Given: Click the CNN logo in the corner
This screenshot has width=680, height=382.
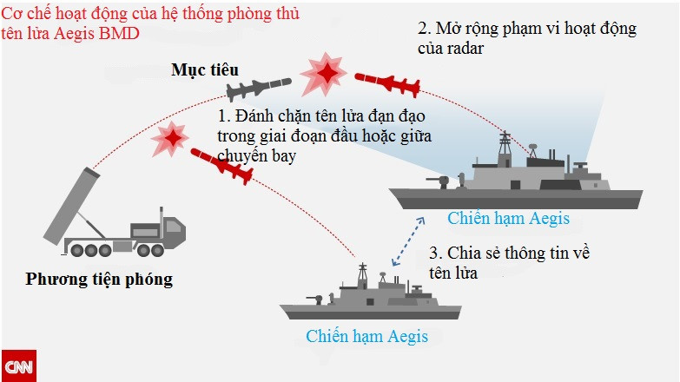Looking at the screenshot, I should [17, 366].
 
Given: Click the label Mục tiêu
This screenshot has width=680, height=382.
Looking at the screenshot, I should [205, 69].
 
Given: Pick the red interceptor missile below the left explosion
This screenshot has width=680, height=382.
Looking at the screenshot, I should [222, 165].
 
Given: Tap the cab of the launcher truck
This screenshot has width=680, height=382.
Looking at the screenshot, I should [169, 231].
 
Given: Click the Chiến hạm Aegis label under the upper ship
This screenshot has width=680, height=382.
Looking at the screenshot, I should [508, 218].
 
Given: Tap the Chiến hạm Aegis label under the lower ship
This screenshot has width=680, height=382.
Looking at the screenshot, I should [366, 336].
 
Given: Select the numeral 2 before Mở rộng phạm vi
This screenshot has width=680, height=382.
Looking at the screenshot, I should [423, 29].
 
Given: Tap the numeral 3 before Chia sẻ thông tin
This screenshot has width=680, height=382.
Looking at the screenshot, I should [435, 254].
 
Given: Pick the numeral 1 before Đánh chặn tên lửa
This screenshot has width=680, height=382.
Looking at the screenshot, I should [222, 115].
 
